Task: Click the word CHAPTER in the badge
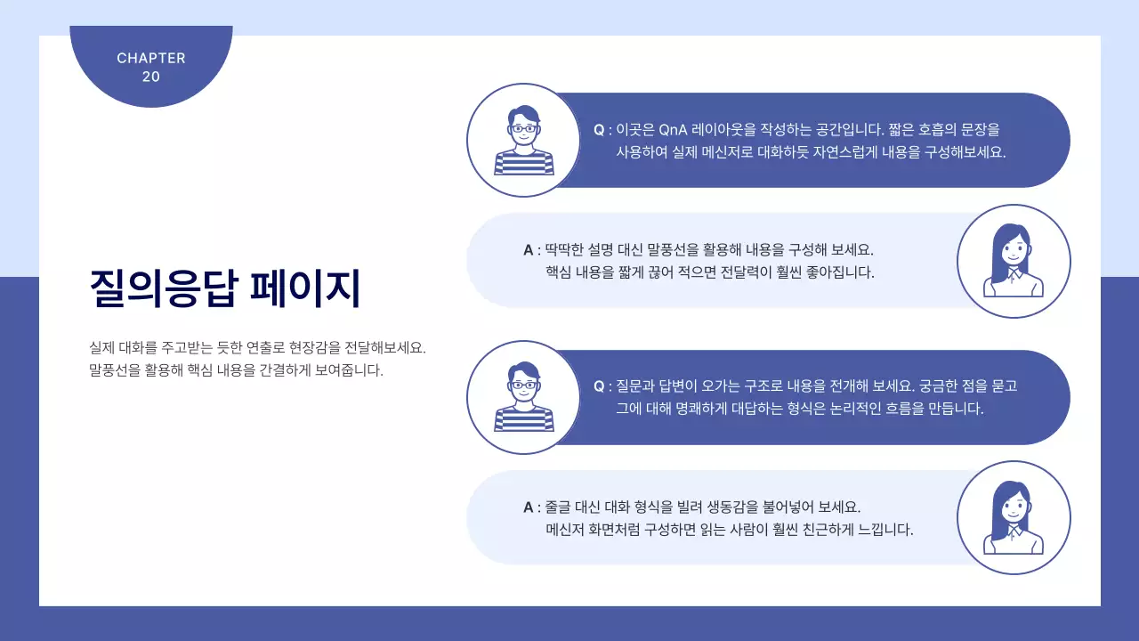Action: tap(151, 58)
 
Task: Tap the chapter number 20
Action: tap(151, 77)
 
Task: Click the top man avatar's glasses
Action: tap(524, 128)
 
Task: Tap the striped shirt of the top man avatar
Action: tap(524, 162)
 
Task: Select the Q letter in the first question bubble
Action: tap(599, 130)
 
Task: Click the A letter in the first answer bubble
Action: tap(529, 250)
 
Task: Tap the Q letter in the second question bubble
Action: tap(599, 386)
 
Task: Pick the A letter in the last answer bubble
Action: tap(529, 507)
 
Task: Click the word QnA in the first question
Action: tap(678, 130)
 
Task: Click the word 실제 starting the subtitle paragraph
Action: tap(102, 347)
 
